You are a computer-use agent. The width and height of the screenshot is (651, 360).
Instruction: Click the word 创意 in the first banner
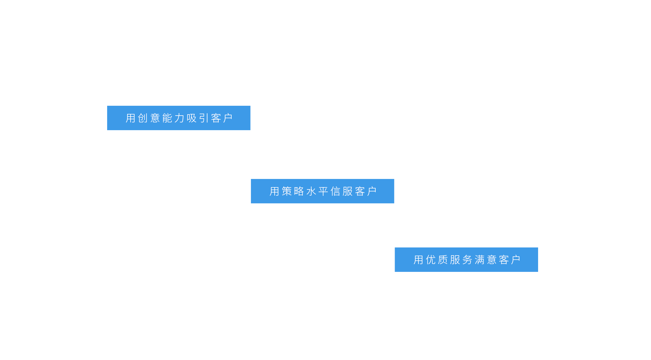click(149, 118)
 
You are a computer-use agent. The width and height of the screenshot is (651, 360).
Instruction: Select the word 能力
click(173, 118)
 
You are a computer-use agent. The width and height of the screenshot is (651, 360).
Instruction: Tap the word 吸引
click(198, 118)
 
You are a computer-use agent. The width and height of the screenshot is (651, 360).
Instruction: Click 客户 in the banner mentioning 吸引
click(222, 118)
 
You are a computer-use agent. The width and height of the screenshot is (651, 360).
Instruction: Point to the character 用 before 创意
click(131, 118)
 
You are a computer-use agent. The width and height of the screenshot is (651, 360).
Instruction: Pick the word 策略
click(293, 191)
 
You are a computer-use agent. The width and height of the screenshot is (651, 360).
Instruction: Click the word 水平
click(317, 191)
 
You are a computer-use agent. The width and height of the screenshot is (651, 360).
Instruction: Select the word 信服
click(342, 191)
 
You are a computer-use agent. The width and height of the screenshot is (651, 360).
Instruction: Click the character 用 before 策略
click(274, 191)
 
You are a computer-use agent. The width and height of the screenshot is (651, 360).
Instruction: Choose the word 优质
click(437, 260)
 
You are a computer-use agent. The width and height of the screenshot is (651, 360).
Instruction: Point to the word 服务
click(461, 260)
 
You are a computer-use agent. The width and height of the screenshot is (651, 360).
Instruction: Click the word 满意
click(486, 260)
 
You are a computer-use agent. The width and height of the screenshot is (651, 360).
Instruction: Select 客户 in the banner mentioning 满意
click(510, 260)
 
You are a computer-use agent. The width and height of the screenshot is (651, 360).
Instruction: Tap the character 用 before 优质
click(418, 260)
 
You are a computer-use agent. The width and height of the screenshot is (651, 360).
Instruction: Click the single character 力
click(179, 118)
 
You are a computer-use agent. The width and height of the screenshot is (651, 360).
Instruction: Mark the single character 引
click(204, 118)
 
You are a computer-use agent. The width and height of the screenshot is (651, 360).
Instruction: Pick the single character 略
click(299, 191)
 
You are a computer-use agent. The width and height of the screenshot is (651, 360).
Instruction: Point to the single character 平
click(323, 191)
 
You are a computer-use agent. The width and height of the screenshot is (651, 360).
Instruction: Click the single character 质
click(443, 260)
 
